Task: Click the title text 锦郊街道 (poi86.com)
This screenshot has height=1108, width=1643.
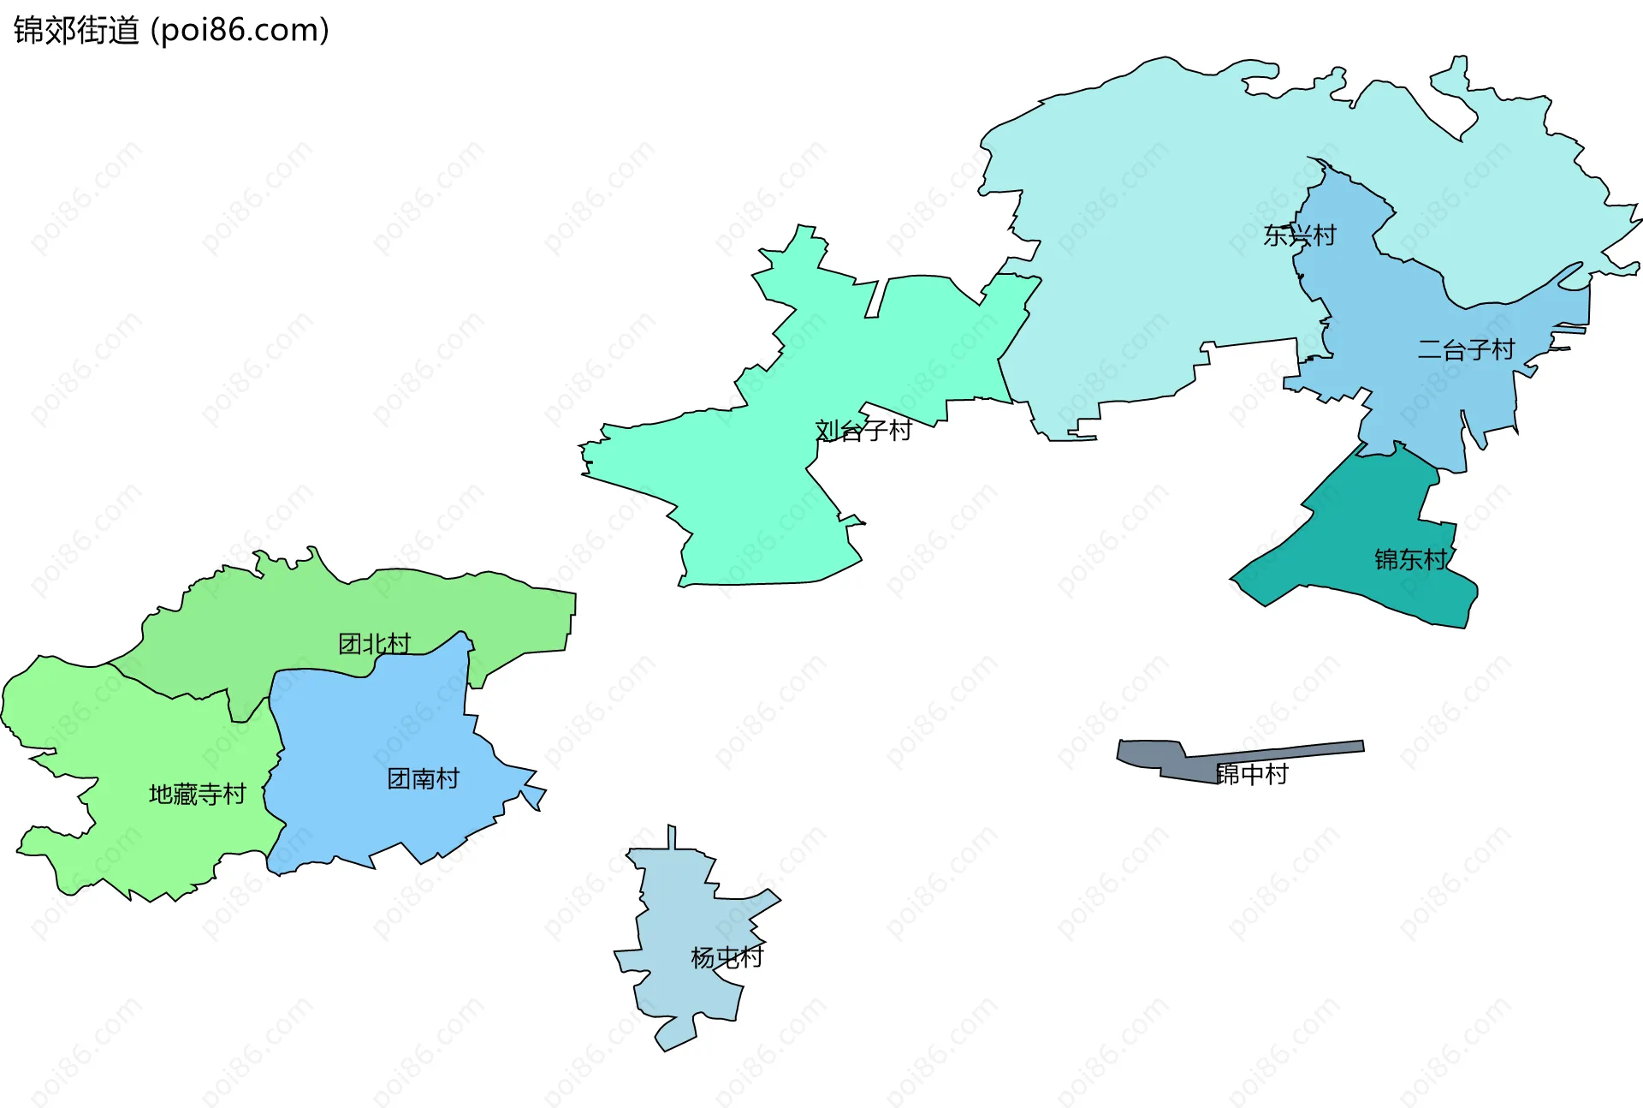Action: pyautogui.click(x=171, y=31)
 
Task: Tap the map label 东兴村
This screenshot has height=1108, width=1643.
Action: pyautogui.click(x=1299, y=235)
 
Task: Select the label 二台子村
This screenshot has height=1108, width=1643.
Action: pyautogui.click(x=1465, y=349)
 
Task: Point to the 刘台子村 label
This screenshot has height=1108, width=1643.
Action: pyautogui.click(x=863, y=430)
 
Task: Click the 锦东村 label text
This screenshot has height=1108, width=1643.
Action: pyautogui.click(x=1410, y=559)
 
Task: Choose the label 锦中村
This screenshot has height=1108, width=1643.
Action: pyautogui.click(x=1252, y=774)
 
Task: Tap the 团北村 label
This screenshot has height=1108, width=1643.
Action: pyautogui.click(x=374, y=644)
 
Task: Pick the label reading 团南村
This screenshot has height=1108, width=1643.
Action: pyautogui.click(x=423, y=778)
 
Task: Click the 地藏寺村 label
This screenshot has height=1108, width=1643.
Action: pyautogui.click(x=197, y=795)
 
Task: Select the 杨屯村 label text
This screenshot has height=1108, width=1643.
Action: pyautogui.click(x=727, y=956)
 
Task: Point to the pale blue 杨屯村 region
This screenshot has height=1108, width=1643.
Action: pyautogui.click(x=685, y=908)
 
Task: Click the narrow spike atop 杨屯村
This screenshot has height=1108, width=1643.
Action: pyautogui.click(x=672, y=837)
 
